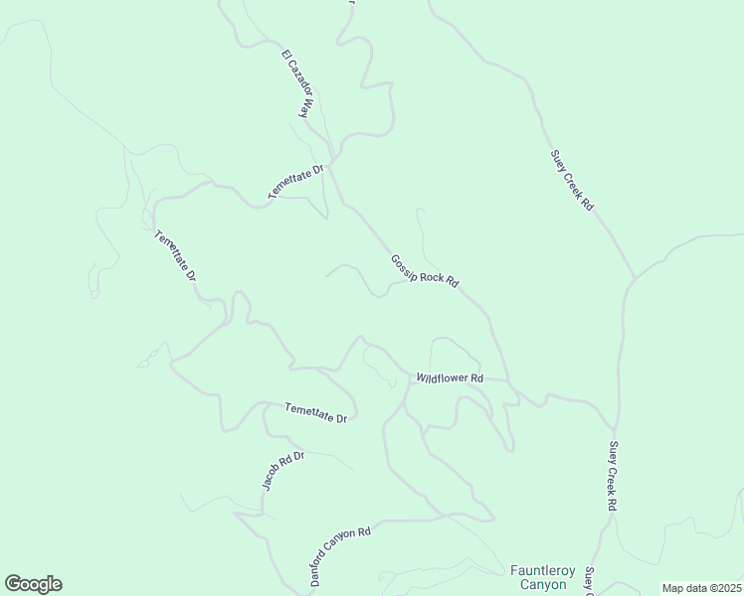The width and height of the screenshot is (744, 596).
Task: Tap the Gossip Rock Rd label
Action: pos(425,269)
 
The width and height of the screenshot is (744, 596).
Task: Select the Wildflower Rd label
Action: pos(450,378)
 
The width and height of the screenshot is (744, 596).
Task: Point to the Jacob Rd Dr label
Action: pos(281,471)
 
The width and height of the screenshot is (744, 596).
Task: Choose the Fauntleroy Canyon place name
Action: pos(543,577)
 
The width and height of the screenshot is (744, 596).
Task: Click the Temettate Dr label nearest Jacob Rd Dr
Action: pos(315,413)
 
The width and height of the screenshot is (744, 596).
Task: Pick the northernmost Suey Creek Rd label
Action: pos(572,180)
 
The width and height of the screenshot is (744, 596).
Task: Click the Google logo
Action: pos(33,584)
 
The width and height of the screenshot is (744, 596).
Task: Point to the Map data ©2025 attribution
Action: pos(701,588)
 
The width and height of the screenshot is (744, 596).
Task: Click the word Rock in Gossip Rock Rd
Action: pos(432,275)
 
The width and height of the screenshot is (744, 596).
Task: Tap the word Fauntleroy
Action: pos(543,570)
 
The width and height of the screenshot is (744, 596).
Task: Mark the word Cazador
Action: pos(300,86)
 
